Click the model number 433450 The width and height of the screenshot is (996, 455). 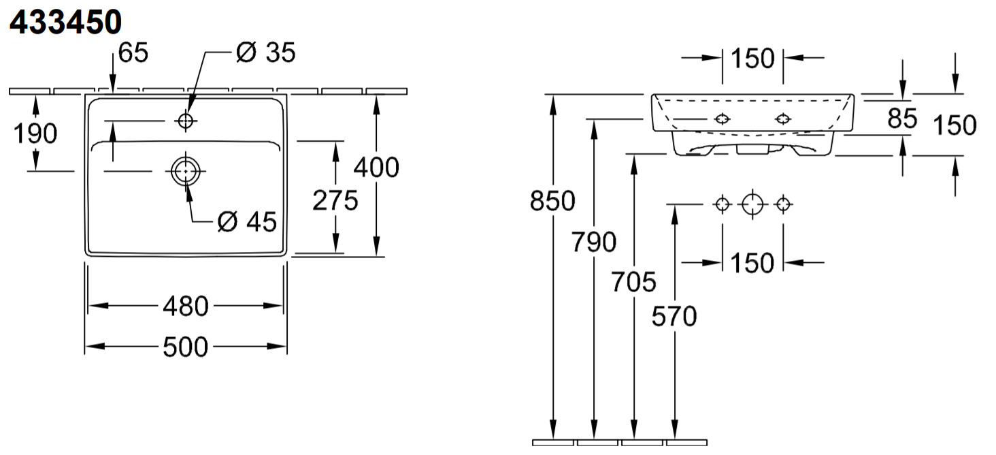click(65, 22)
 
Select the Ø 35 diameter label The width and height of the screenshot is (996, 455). click(265, 52)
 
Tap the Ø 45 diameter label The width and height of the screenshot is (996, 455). click(247, 221)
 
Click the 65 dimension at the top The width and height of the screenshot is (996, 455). click(133, 52)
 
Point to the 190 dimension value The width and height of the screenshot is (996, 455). click(35, 134)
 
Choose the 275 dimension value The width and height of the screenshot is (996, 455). click(335, 200)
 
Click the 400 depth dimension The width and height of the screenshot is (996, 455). click(376, 167)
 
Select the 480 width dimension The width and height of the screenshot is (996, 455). click(185, 307)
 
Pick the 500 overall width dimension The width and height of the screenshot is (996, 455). click(185, 347)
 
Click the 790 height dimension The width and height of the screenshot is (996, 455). click(594, 242)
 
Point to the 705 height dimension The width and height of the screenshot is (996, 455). click(633, 281)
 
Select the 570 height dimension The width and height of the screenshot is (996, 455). click(674, 316)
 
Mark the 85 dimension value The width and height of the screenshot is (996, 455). click(902, 119)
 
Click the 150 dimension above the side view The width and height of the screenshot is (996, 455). click(752, 59)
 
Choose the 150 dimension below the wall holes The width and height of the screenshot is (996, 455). click(752, 262)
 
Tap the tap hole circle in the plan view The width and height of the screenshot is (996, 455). click(185, 121)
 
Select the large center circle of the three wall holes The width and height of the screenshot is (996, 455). click(752, 204)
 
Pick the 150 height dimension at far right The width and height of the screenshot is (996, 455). click(954, 125)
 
